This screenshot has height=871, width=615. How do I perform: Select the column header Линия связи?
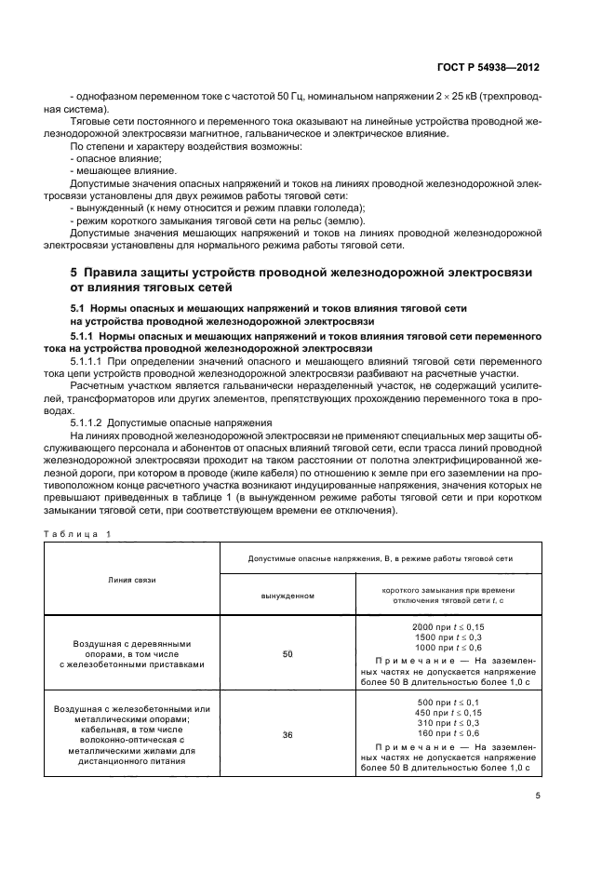click(x=130, y=580)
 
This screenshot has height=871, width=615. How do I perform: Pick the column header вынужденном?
click(x=287, y=595)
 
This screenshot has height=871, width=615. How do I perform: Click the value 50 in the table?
click(x=287, y=655)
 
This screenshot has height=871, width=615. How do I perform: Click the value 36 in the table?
click(x=287, y=734)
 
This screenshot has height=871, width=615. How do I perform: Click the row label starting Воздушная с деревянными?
click(x=131, y=643)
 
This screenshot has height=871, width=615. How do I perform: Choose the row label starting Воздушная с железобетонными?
click(x=131, y=709)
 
